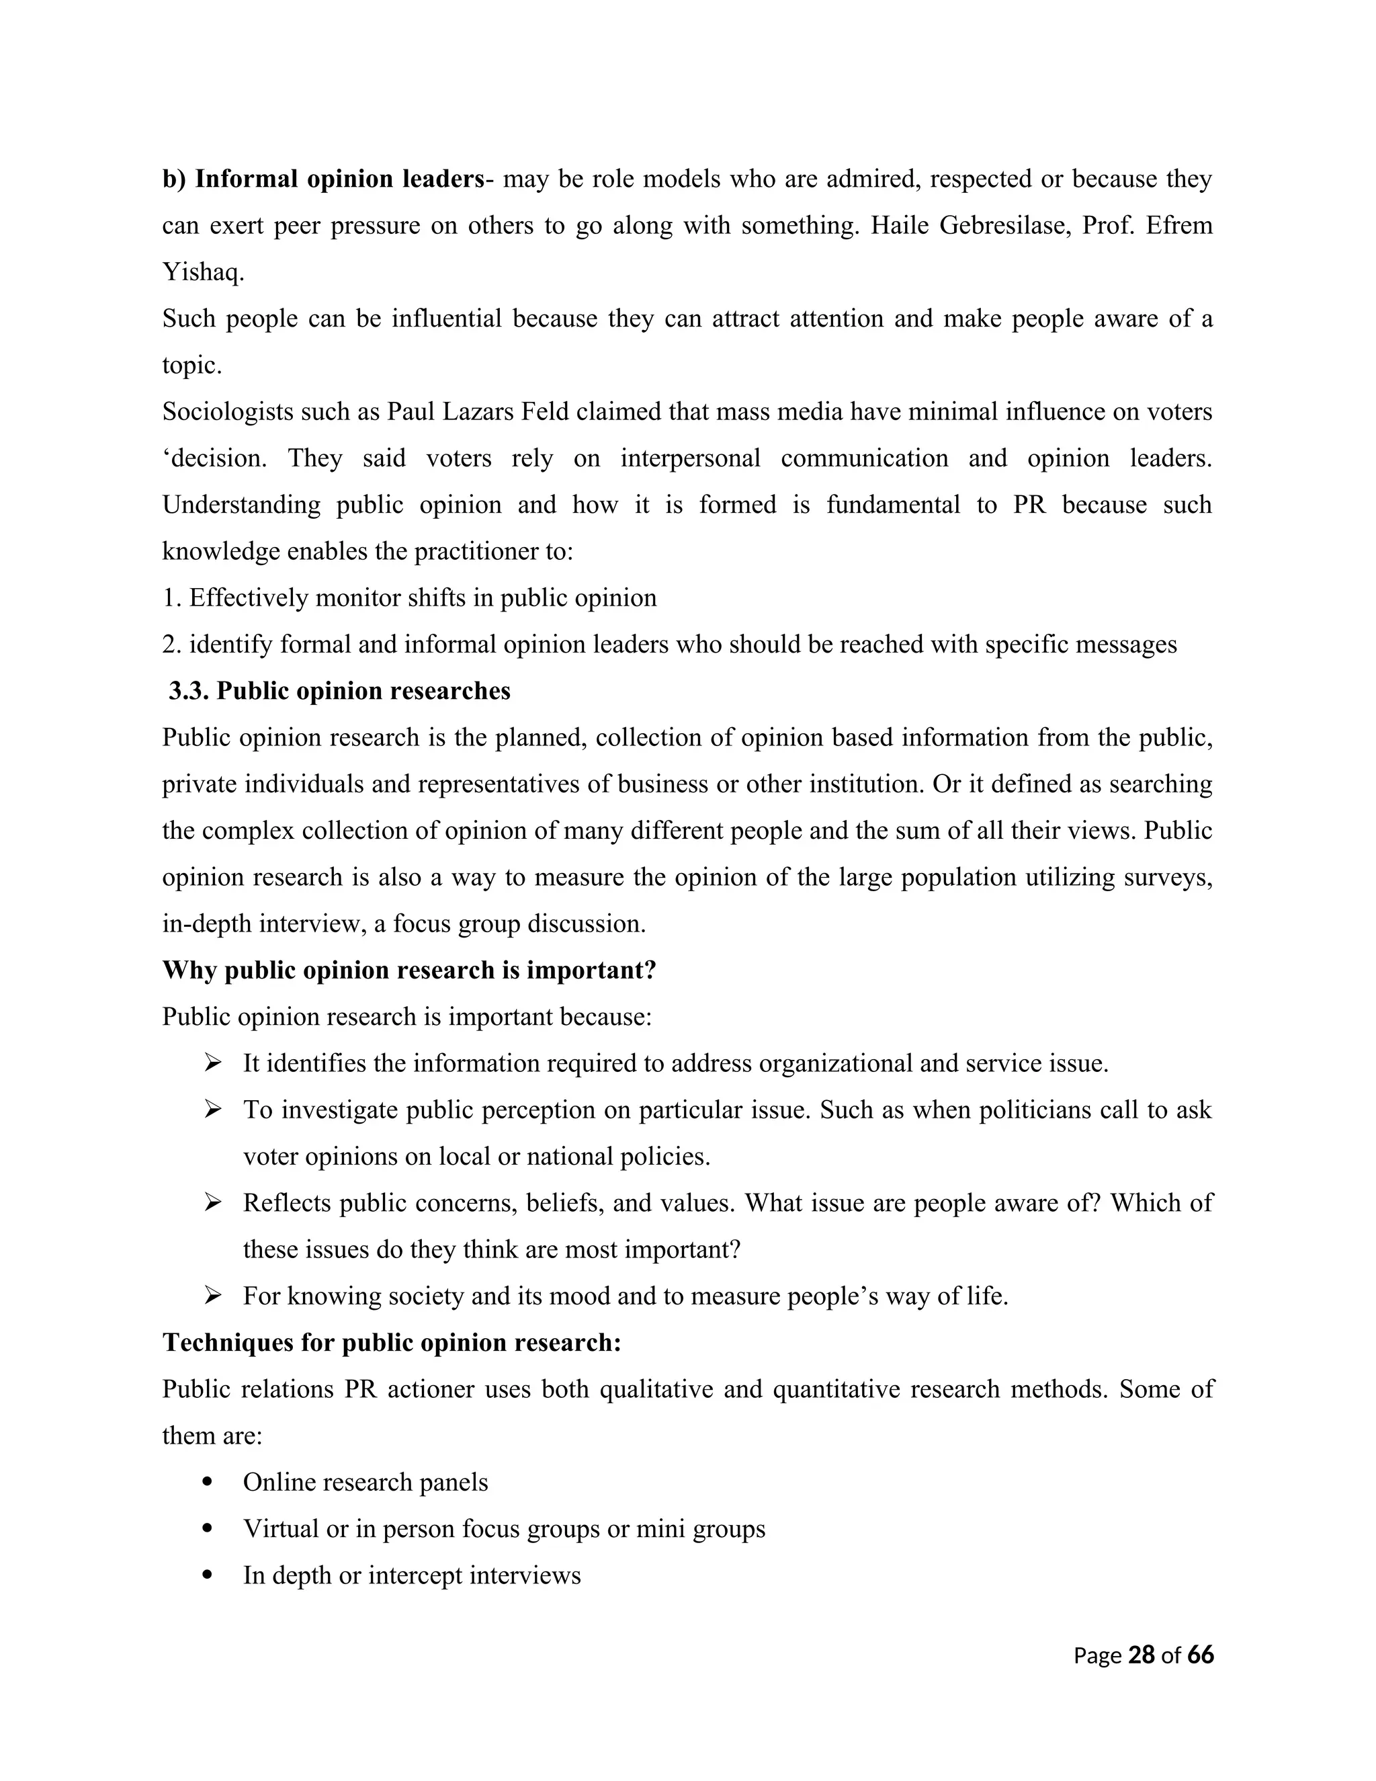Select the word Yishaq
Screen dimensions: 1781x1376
coord(203,272)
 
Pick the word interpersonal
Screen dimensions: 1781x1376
coord(689,458)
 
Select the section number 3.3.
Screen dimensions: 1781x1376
coord(189,691)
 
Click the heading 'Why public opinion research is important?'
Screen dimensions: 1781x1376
coord(409,970)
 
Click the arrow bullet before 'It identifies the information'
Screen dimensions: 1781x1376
coord(213,1063)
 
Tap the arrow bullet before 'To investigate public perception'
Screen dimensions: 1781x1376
coord(213,1109)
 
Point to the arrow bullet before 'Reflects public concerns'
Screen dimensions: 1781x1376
coord(213,1202)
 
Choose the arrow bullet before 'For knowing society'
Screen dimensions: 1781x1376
coord(213,1295)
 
